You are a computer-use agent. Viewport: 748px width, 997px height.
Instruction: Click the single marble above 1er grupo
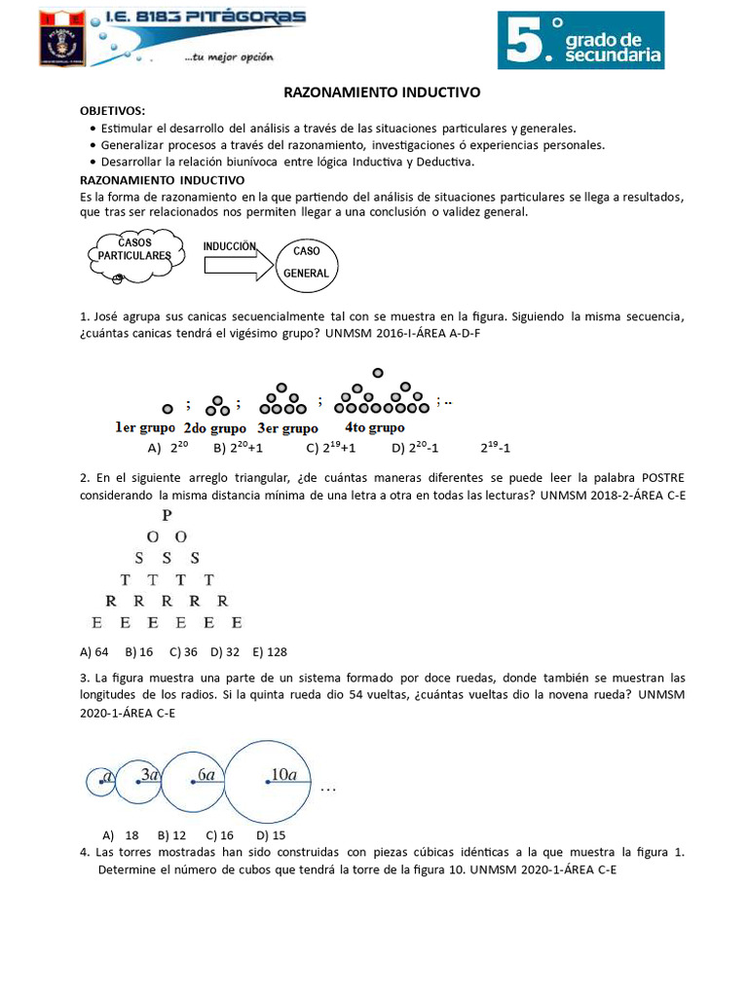pyautogui.click(x=168, y=408)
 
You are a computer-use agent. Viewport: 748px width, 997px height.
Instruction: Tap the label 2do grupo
pyautogui.click(x=214, y=427)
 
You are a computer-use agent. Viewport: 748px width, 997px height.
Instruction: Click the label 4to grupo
pyautogui.click(x=374, y=427)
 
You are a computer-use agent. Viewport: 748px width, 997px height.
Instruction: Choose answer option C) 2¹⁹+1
pyautogui.click(x=330, y=449)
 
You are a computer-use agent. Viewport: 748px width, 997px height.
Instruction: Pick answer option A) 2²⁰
pyautogui.click(x=167, y=449)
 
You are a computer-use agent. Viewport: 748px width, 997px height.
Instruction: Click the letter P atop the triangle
pyautogui.click(x=168, y=515)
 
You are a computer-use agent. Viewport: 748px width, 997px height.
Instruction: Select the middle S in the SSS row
pyautogui.click(x=168, y=558)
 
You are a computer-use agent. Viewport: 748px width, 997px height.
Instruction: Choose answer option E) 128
pyautogui.click(x=270, y=651)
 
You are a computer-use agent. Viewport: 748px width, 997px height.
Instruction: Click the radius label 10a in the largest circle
pyautogui.click(x=283, y=774)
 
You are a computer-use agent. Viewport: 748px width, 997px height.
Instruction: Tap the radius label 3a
pyautogui.click(x=150, y=775)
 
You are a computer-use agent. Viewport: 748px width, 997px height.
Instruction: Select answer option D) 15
pyautogui.click(x=271, y=834)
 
